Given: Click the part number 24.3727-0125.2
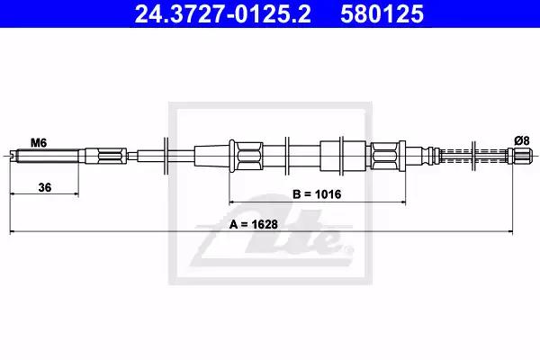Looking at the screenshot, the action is pyautogui.click(x=222, y=13).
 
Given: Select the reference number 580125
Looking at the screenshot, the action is pyautogui.click(x=382, y=13).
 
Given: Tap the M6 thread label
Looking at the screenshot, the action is pyautogui.click(x=39, y=142).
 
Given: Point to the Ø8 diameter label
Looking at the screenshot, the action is pyautogui.click(x=521, y=140).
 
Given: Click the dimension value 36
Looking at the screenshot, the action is pyautogui.click(x=45, y=188).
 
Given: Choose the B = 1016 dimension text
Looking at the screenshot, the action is pyautogui.click(x=317, y=194).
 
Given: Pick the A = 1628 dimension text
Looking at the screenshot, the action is pyautogui.click(x=253, y=225).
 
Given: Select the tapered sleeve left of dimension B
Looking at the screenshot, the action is pyautogui.click(x=212, y=156).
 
